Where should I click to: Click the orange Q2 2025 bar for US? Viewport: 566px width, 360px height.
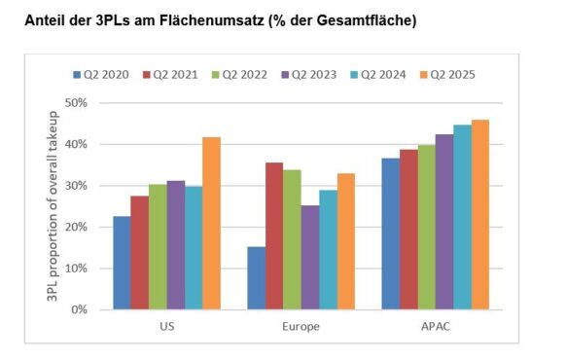210,224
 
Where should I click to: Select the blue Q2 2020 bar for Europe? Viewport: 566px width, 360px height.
256,278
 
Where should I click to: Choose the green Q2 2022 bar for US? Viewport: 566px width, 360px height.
157,247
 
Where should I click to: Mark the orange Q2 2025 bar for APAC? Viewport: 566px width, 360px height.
480,215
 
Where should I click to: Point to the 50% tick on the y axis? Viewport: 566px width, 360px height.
75,103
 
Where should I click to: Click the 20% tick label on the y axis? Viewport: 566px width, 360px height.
75,228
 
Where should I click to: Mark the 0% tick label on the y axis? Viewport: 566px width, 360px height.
78,310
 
